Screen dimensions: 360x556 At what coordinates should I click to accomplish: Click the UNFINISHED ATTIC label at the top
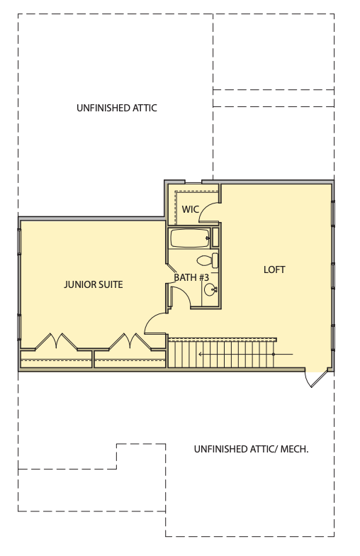116,108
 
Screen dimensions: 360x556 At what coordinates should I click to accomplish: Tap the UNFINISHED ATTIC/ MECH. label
251,450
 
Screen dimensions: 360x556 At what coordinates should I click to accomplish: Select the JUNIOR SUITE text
94,284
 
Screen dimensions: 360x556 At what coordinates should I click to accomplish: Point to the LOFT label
274,269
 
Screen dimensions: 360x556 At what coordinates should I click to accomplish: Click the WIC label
190,209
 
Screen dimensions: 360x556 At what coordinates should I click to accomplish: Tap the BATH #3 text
191,277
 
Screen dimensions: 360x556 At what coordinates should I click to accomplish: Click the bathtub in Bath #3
190,238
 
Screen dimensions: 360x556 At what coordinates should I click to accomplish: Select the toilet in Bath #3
208,261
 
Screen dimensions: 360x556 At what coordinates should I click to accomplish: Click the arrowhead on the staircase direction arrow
201,354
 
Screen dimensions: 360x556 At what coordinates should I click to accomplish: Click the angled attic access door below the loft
316,379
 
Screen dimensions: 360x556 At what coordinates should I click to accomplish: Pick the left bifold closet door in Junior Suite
56,341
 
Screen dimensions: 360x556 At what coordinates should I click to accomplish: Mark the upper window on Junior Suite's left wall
19,241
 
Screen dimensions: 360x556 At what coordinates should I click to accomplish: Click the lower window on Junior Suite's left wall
19,328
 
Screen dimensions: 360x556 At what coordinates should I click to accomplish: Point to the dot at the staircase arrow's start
274,354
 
